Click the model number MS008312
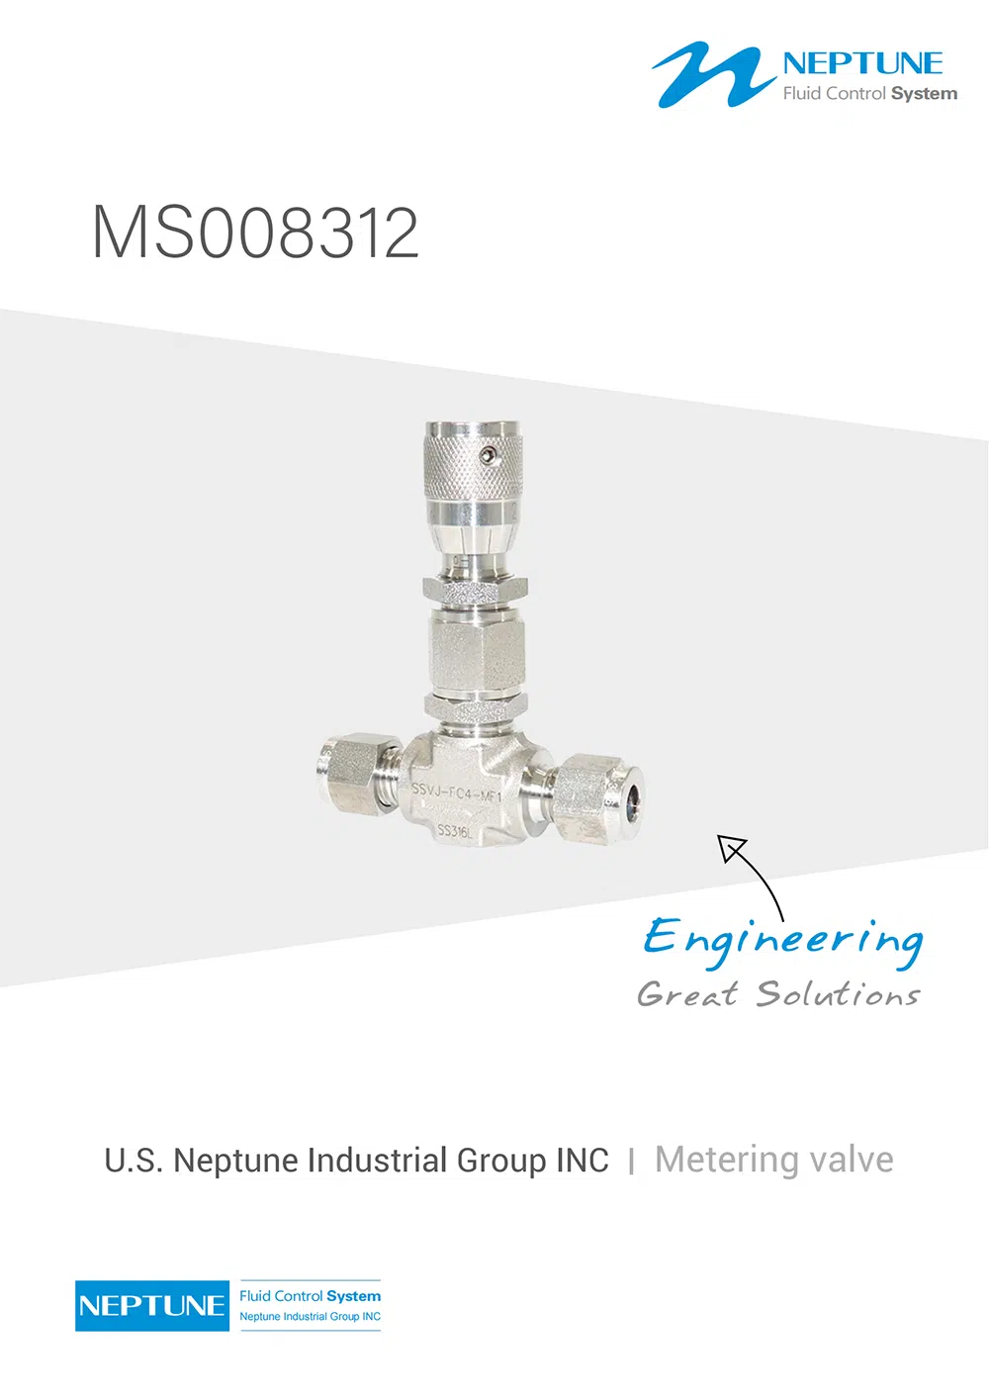coord(255,233)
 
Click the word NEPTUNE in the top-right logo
coord(862,64)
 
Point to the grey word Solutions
coord(839,993)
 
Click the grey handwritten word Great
coord(687,993)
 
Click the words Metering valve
coord(774,1160)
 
